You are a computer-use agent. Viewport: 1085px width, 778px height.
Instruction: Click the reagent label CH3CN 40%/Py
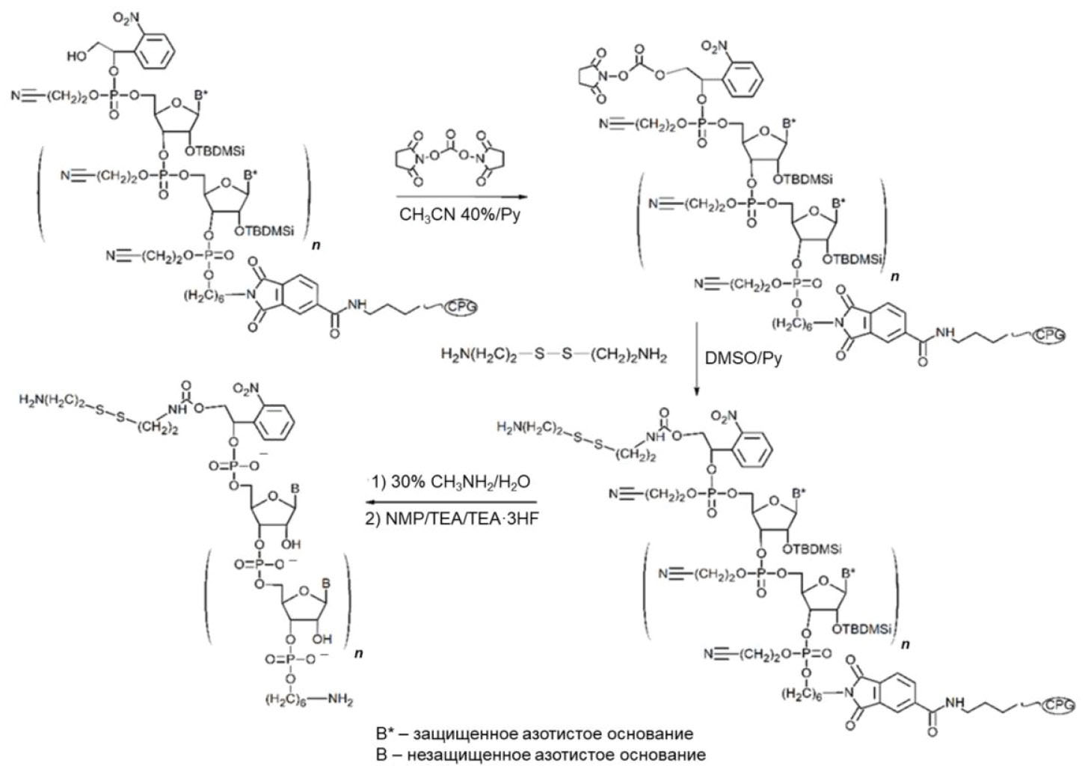460,215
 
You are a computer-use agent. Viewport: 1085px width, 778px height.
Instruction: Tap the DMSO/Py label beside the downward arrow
743,358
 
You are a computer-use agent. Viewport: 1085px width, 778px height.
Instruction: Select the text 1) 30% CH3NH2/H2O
450,482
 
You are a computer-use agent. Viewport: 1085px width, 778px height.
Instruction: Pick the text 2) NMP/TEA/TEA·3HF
452,518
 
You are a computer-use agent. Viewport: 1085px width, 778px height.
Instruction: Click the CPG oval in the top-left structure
461,307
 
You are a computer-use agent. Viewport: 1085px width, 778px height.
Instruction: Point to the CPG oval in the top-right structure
1049,336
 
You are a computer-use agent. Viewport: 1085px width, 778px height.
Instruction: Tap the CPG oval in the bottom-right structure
1059,705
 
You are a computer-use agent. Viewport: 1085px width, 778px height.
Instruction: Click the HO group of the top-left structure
77,56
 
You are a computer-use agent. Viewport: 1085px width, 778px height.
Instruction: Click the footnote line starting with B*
534,733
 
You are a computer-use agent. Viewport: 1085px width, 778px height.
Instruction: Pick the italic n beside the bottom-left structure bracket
359,653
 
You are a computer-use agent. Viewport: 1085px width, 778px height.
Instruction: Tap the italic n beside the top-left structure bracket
316,245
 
